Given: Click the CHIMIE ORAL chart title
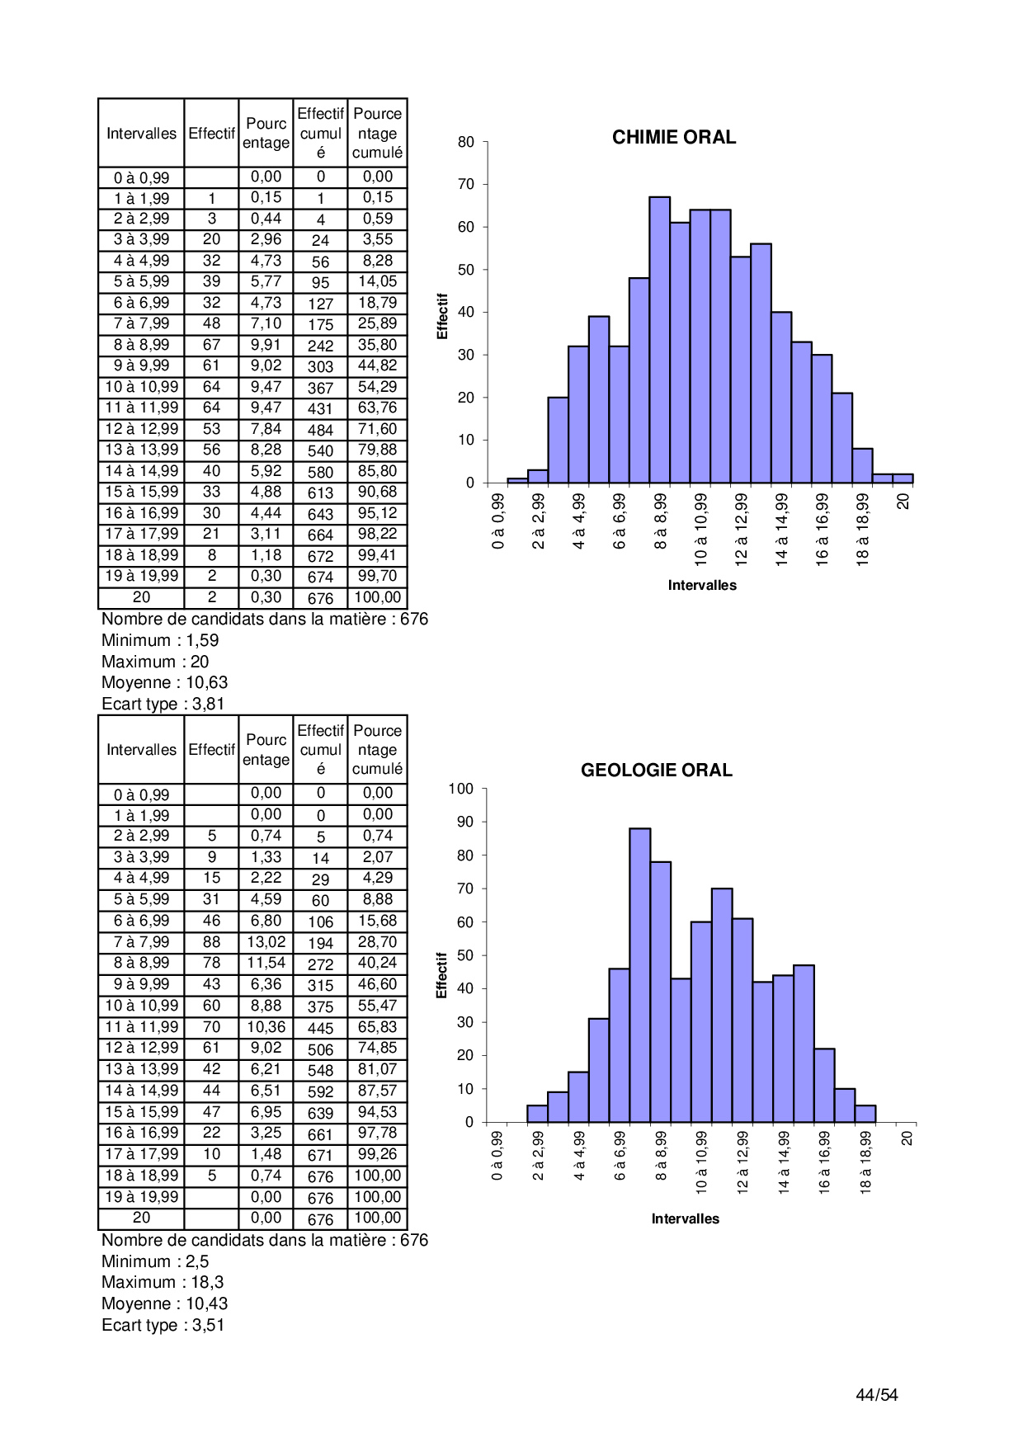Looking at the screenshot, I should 673,138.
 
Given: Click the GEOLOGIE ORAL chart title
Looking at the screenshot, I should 656,771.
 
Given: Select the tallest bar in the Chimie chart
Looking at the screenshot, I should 659,338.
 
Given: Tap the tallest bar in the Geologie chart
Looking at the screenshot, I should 639,973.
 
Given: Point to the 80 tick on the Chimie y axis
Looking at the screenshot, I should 466,142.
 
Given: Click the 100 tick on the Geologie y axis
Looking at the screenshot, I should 461,789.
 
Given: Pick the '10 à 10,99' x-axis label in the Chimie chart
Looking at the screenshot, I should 701,529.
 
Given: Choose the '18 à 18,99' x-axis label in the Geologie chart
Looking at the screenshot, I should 865,1162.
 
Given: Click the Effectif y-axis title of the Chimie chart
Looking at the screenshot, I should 442,316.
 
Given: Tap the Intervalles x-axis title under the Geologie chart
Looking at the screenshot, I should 685,1218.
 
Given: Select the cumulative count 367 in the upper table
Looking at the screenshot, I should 320,388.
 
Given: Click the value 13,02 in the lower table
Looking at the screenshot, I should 266,942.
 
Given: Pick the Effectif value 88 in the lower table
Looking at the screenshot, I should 211,942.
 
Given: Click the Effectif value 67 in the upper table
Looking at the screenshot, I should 211,345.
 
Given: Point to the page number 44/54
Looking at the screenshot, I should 876,1395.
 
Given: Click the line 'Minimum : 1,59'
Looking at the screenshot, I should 160,640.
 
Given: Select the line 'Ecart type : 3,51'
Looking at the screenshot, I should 163,1325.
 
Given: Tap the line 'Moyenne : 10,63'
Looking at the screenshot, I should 164,682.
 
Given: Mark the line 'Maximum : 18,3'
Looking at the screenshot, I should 163,1282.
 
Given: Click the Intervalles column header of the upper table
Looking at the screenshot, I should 141,134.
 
